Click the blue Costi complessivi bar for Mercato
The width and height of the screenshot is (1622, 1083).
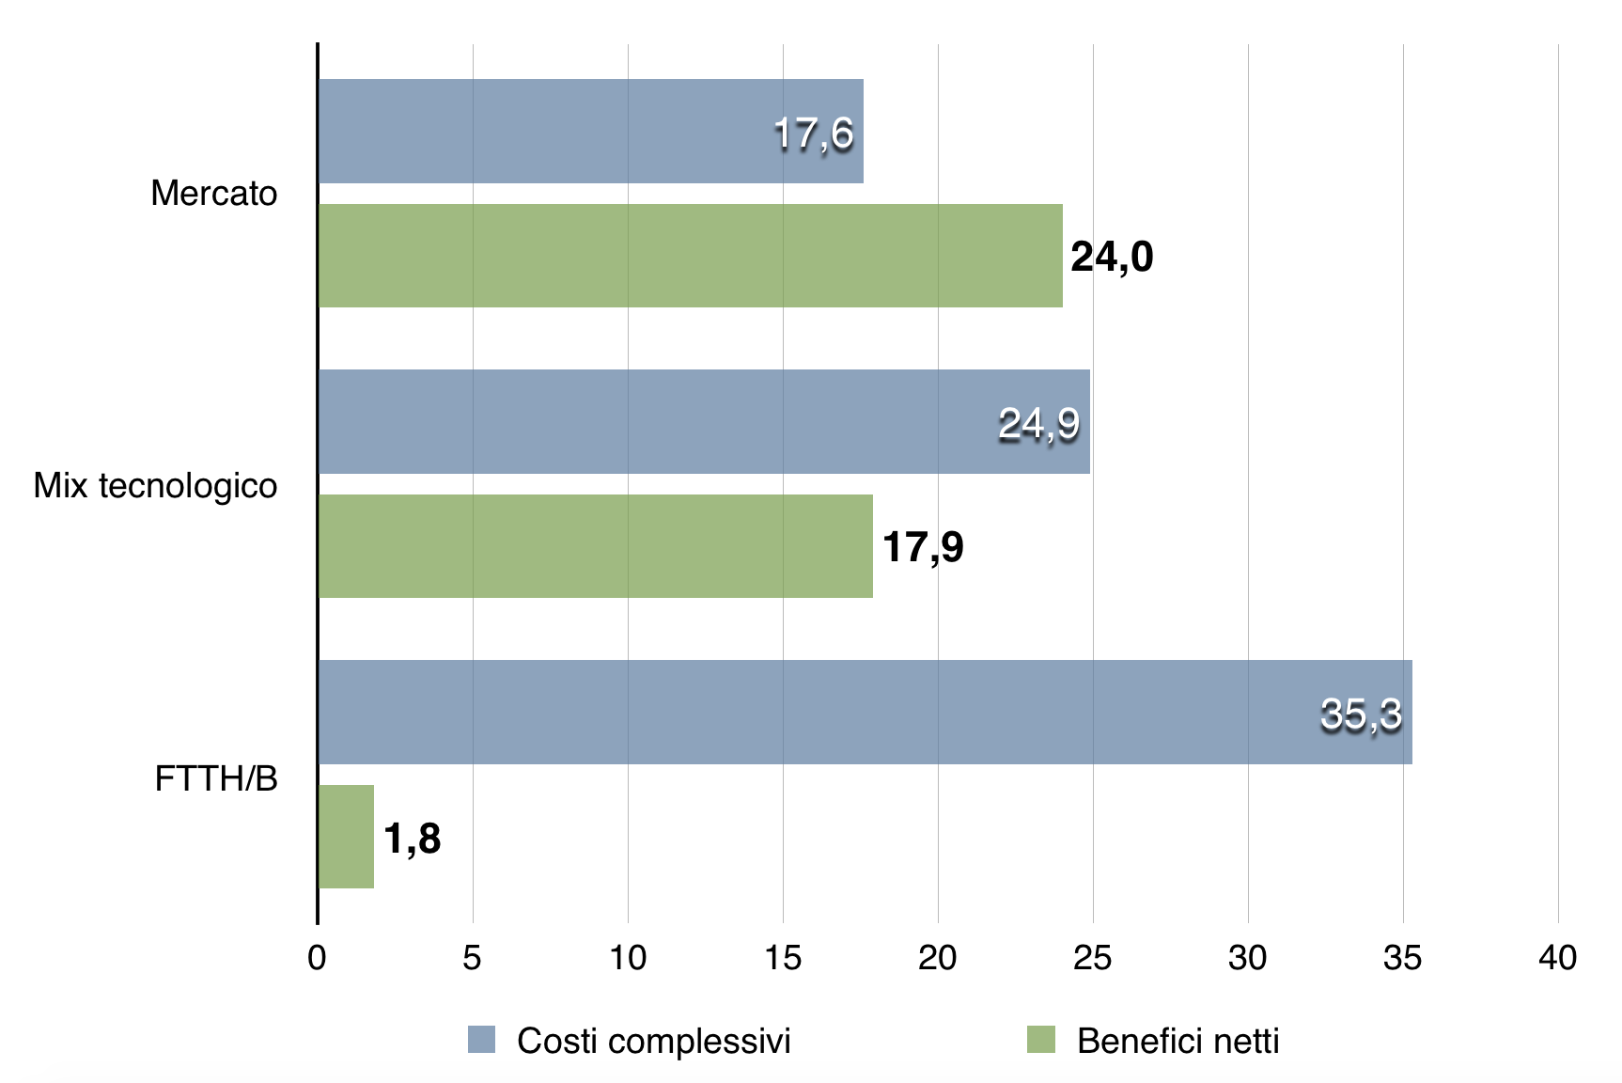564,131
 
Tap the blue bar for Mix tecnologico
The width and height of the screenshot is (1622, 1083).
658,421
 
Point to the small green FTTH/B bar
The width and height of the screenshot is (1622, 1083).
347,837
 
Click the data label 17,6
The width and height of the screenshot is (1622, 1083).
814,133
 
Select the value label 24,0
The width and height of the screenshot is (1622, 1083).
1112,257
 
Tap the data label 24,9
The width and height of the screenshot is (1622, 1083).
1038,424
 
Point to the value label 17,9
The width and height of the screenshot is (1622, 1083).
923,547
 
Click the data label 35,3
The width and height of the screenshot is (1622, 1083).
1361,714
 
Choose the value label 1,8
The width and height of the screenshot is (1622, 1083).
413,838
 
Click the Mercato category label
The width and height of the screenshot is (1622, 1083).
214,193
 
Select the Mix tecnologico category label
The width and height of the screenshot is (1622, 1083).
156,485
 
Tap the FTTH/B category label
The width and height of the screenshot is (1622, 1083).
216,778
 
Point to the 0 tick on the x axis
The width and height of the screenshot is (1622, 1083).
318,957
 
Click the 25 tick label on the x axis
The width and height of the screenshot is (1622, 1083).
1092,957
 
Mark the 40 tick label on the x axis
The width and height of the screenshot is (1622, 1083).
1557,957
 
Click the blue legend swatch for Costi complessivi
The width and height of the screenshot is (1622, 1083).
482,1039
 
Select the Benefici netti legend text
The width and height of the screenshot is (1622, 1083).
1178,1041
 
